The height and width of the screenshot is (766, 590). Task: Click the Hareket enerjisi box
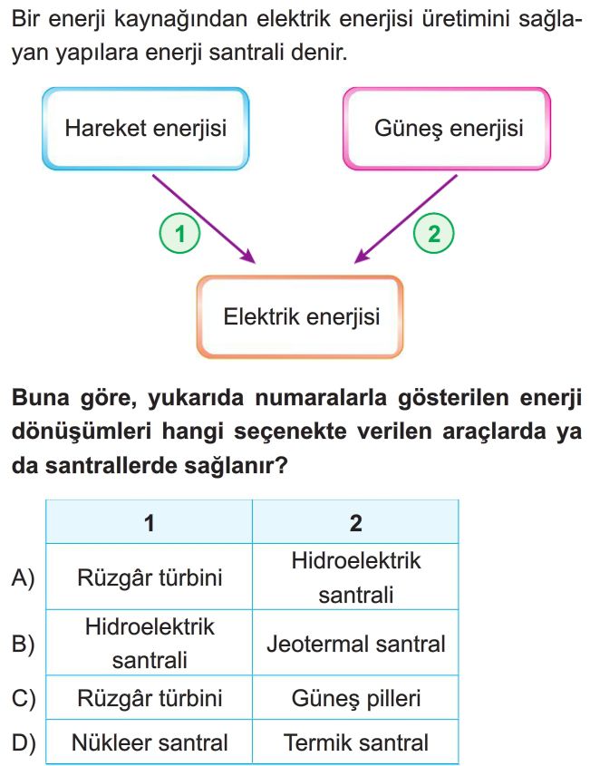(x=146, y=129)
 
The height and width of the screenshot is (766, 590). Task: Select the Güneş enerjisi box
(x=447, y=129)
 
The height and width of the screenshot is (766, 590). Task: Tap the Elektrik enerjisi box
(x=300, y=317)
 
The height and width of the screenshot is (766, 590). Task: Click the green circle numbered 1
(x=179, y=234)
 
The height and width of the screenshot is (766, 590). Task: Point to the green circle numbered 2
(x=434, y=234)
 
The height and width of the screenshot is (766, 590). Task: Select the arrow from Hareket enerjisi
(x=204, y=219)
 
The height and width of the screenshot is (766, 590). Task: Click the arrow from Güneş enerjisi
(x=405, y=219)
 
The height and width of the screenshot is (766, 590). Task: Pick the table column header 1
(x=150, y=523)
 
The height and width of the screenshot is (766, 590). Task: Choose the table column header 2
(x=355, y=523)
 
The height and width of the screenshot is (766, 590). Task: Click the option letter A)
(x=23, y=578)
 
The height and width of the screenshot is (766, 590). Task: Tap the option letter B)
(x=23, y=645)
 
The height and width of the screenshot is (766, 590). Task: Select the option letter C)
(x=24, y=699)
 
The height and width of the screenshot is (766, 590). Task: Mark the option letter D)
(x=24, y=743)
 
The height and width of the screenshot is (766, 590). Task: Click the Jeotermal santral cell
(x=355, y=644)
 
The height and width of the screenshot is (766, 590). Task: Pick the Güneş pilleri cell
(x=355, y=699)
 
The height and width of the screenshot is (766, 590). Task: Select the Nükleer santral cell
(x=150, y=742)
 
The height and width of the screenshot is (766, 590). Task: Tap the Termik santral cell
(x=355, y=742)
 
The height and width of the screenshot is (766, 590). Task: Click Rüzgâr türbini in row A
(x=150, y=577)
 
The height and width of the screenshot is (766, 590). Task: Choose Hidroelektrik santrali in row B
(x=150, y=644)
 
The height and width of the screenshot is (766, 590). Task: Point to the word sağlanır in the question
(x=236, y=467)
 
